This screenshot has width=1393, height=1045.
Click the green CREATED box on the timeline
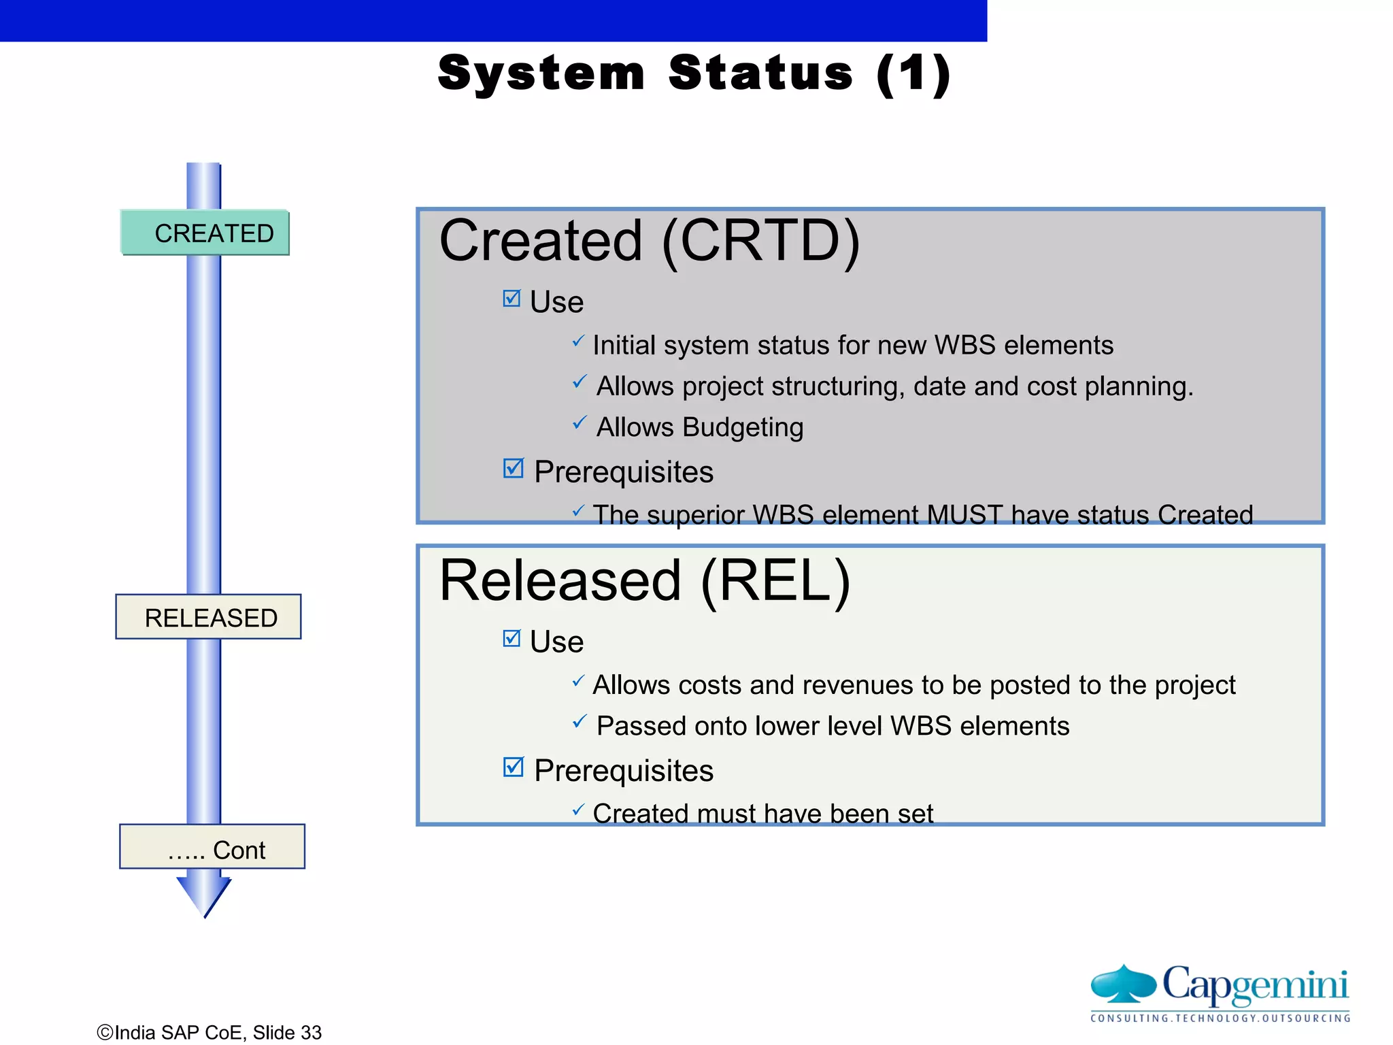(x=205, y=233)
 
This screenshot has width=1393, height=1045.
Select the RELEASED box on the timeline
(x=208, y=617)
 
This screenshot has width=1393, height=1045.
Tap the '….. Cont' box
(x=212, y=847)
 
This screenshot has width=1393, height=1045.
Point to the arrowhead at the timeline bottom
(x=203, y=895)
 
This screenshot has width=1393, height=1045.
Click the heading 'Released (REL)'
(x=644, y=581)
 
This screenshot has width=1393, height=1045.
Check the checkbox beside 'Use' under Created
(x=511, y=299)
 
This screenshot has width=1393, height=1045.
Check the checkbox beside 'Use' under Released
(x=511, y=638)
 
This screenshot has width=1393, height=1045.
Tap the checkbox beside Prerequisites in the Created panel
(x=513, y=468)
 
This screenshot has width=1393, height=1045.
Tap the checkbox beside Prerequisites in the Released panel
(x=513, y=767)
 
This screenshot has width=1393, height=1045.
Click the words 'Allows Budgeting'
(x=699, y=427)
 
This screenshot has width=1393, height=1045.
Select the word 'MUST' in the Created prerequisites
(x=964, y=514)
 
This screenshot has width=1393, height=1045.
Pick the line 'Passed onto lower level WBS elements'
(x=832, y=726)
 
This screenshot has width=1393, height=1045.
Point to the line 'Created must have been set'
(x=762, y=813)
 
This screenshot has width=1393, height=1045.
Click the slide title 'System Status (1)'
(x=693, y=73)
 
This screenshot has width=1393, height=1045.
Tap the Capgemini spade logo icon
(x=1123, y=984)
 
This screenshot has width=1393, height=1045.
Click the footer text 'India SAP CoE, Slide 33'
(x=209, y=1032)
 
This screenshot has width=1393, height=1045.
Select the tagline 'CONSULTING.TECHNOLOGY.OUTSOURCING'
(x=1220, y=1018)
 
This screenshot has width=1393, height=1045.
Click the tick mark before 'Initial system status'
(x=577, y=341)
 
